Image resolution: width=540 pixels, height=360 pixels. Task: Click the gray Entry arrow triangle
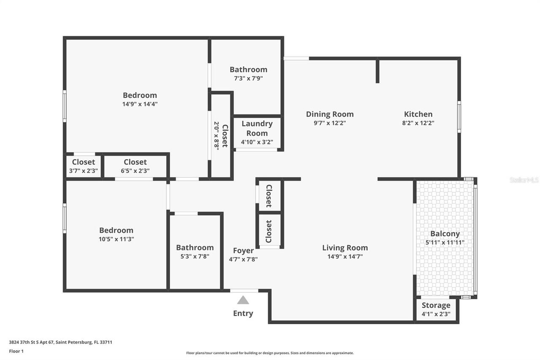pos(243,300)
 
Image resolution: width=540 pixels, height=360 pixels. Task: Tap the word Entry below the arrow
pos(243,313)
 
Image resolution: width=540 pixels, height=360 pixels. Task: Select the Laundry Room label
pos(257,128)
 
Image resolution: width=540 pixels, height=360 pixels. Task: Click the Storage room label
pos(436,305)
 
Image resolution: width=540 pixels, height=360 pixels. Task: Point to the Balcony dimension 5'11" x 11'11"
pos(445,242)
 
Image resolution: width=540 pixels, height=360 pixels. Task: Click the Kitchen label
pos(418,114)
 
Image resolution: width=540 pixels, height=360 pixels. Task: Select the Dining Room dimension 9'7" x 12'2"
pos(329,123)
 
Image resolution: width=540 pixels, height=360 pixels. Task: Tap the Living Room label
pos(345,248)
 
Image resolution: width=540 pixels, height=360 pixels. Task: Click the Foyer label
pos(243,251)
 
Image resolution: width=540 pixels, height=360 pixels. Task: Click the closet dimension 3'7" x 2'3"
pos(84,171)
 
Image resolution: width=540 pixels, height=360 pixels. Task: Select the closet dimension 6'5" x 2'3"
pos(135,171)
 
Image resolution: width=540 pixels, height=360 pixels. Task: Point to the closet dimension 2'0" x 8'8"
pos(216,135)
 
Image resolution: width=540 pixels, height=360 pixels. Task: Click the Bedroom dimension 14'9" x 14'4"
pos(140,104)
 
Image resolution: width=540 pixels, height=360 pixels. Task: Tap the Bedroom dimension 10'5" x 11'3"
pos(116,239)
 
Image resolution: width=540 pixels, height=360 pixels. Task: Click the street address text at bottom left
pos(60,342)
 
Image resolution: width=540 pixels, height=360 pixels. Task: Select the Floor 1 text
pos(16,351)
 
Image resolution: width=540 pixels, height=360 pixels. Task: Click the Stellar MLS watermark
pos(524,180)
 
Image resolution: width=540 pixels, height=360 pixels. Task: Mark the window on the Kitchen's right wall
pos(459,117)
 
